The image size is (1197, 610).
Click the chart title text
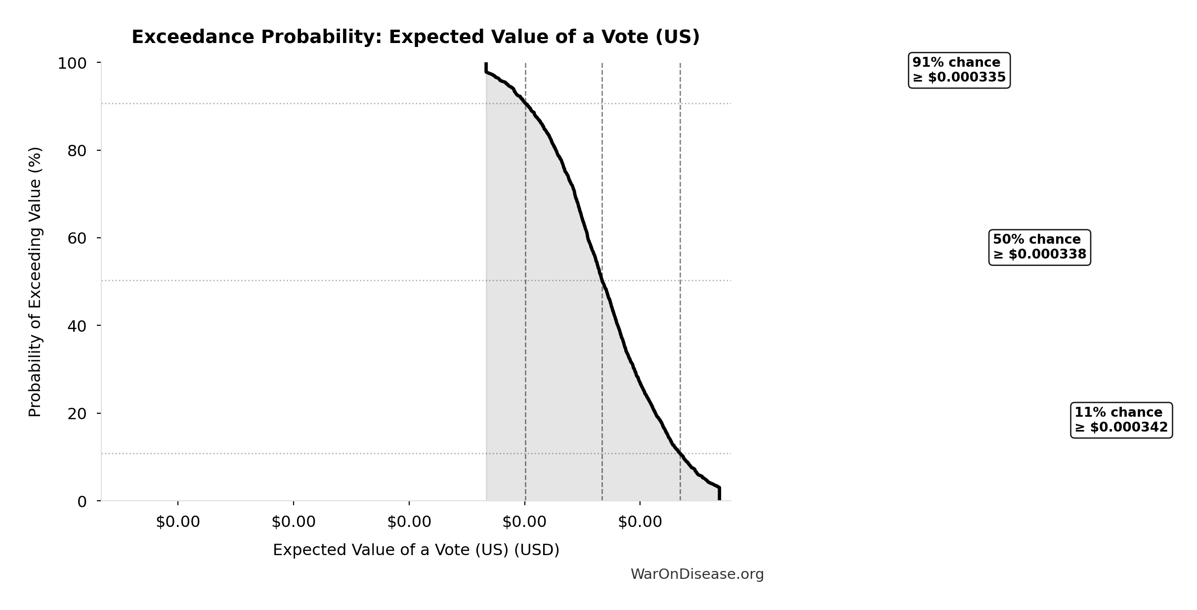click(x=416, y=37)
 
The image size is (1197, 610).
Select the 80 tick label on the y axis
click(x=77, y=151)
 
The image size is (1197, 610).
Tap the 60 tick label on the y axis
click(x=77, y=238)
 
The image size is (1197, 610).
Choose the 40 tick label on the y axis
click(x=77, y=326)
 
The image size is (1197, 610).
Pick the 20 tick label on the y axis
click(x=77, y=413)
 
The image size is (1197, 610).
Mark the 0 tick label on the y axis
click(x=82, y=502)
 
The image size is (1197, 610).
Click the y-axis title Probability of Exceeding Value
click(x=35, y=282)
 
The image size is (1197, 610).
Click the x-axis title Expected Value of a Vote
click(x=416, y=550)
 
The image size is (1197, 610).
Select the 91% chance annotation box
click(x=959, y=70)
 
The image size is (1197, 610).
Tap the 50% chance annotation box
click(x=1039, y=247)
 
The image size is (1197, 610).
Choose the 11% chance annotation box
click(x=1121, y=420)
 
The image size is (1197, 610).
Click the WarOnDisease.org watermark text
click(x=697, y=574)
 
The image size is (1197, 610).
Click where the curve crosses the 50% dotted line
click(x=602, y=280)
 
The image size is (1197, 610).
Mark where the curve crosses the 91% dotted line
click(x=525, y=104)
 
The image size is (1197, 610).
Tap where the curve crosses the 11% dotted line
click(x=680, y=453)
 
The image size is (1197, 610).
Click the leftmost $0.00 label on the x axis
click(x=178, y=522)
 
